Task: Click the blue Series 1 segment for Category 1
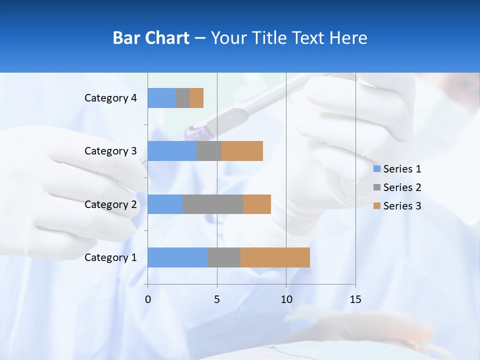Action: pos(177,257)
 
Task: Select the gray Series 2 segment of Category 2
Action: pos(213,204)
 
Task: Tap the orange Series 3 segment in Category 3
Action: pos(242,151)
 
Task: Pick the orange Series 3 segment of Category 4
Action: pos(196,98)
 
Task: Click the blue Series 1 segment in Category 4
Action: pos(161,98)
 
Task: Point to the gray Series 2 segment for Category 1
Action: pos(224,257)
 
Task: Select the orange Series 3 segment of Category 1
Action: pos(275,257)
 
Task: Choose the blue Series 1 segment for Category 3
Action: pos(172,151)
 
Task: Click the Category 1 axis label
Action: pos(110,257)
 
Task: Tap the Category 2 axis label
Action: pos(110,204)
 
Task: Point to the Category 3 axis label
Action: pos(110,151)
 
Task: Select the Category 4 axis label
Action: pos(110,98)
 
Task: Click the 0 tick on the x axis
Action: pos(147,299)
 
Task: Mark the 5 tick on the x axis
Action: pos(217,299)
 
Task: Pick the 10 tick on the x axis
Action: pos(286,299)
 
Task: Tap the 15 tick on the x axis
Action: pos(355,299)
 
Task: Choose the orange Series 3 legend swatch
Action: pos(377,206)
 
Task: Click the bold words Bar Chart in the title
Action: pos(151,38)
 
